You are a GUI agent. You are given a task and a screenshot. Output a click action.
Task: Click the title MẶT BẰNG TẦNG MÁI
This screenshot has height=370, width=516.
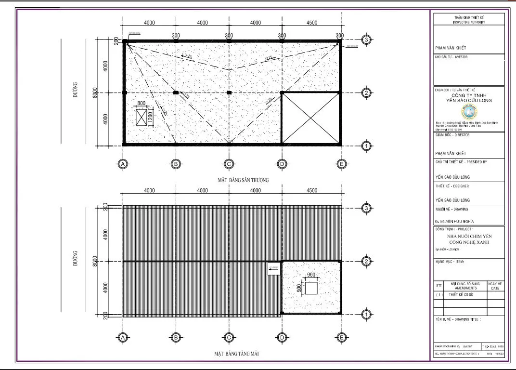point(237,354)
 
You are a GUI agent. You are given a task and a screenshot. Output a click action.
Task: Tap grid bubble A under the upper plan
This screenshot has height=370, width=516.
point(123,164)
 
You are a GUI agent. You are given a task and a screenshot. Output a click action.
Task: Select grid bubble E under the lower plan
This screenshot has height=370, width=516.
point(341,338)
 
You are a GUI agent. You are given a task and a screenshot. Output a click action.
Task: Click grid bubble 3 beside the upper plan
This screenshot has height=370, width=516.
point(366,40)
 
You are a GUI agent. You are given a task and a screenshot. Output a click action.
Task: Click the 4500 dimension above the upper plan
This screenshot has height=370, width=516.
point(311,23)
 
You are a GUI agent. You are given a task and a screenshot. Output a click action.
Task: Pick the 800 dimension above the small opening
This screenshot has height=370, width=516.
point(141,104)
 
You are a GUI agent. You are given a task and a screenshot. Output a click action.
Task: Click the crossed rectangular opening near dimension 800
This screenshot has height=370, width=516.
point(141,118)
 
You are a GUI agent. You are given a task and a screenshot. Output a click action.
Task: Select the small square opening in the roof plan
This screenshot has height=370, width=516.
point(311,288)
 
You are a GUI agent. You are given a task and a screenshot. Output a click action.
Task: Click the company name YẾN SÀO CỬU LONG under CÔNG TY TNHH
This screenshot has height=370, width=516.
point(469,101)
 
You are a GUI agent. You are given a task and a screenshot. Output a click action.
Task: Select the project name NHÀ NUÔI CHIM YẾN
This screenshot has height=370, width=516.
point(469,237)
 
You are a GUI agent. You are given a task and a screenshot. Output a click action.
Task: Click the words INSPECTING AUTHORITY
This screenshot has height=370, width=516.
point(469,22)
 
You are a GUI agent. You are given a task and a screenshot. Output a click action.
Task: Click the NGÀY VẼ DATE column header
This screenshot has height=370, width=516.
point(495,286)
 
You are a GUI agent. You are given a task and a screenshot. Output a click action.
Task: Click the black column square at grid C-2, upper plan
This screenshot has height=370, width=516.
point(229,92)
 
